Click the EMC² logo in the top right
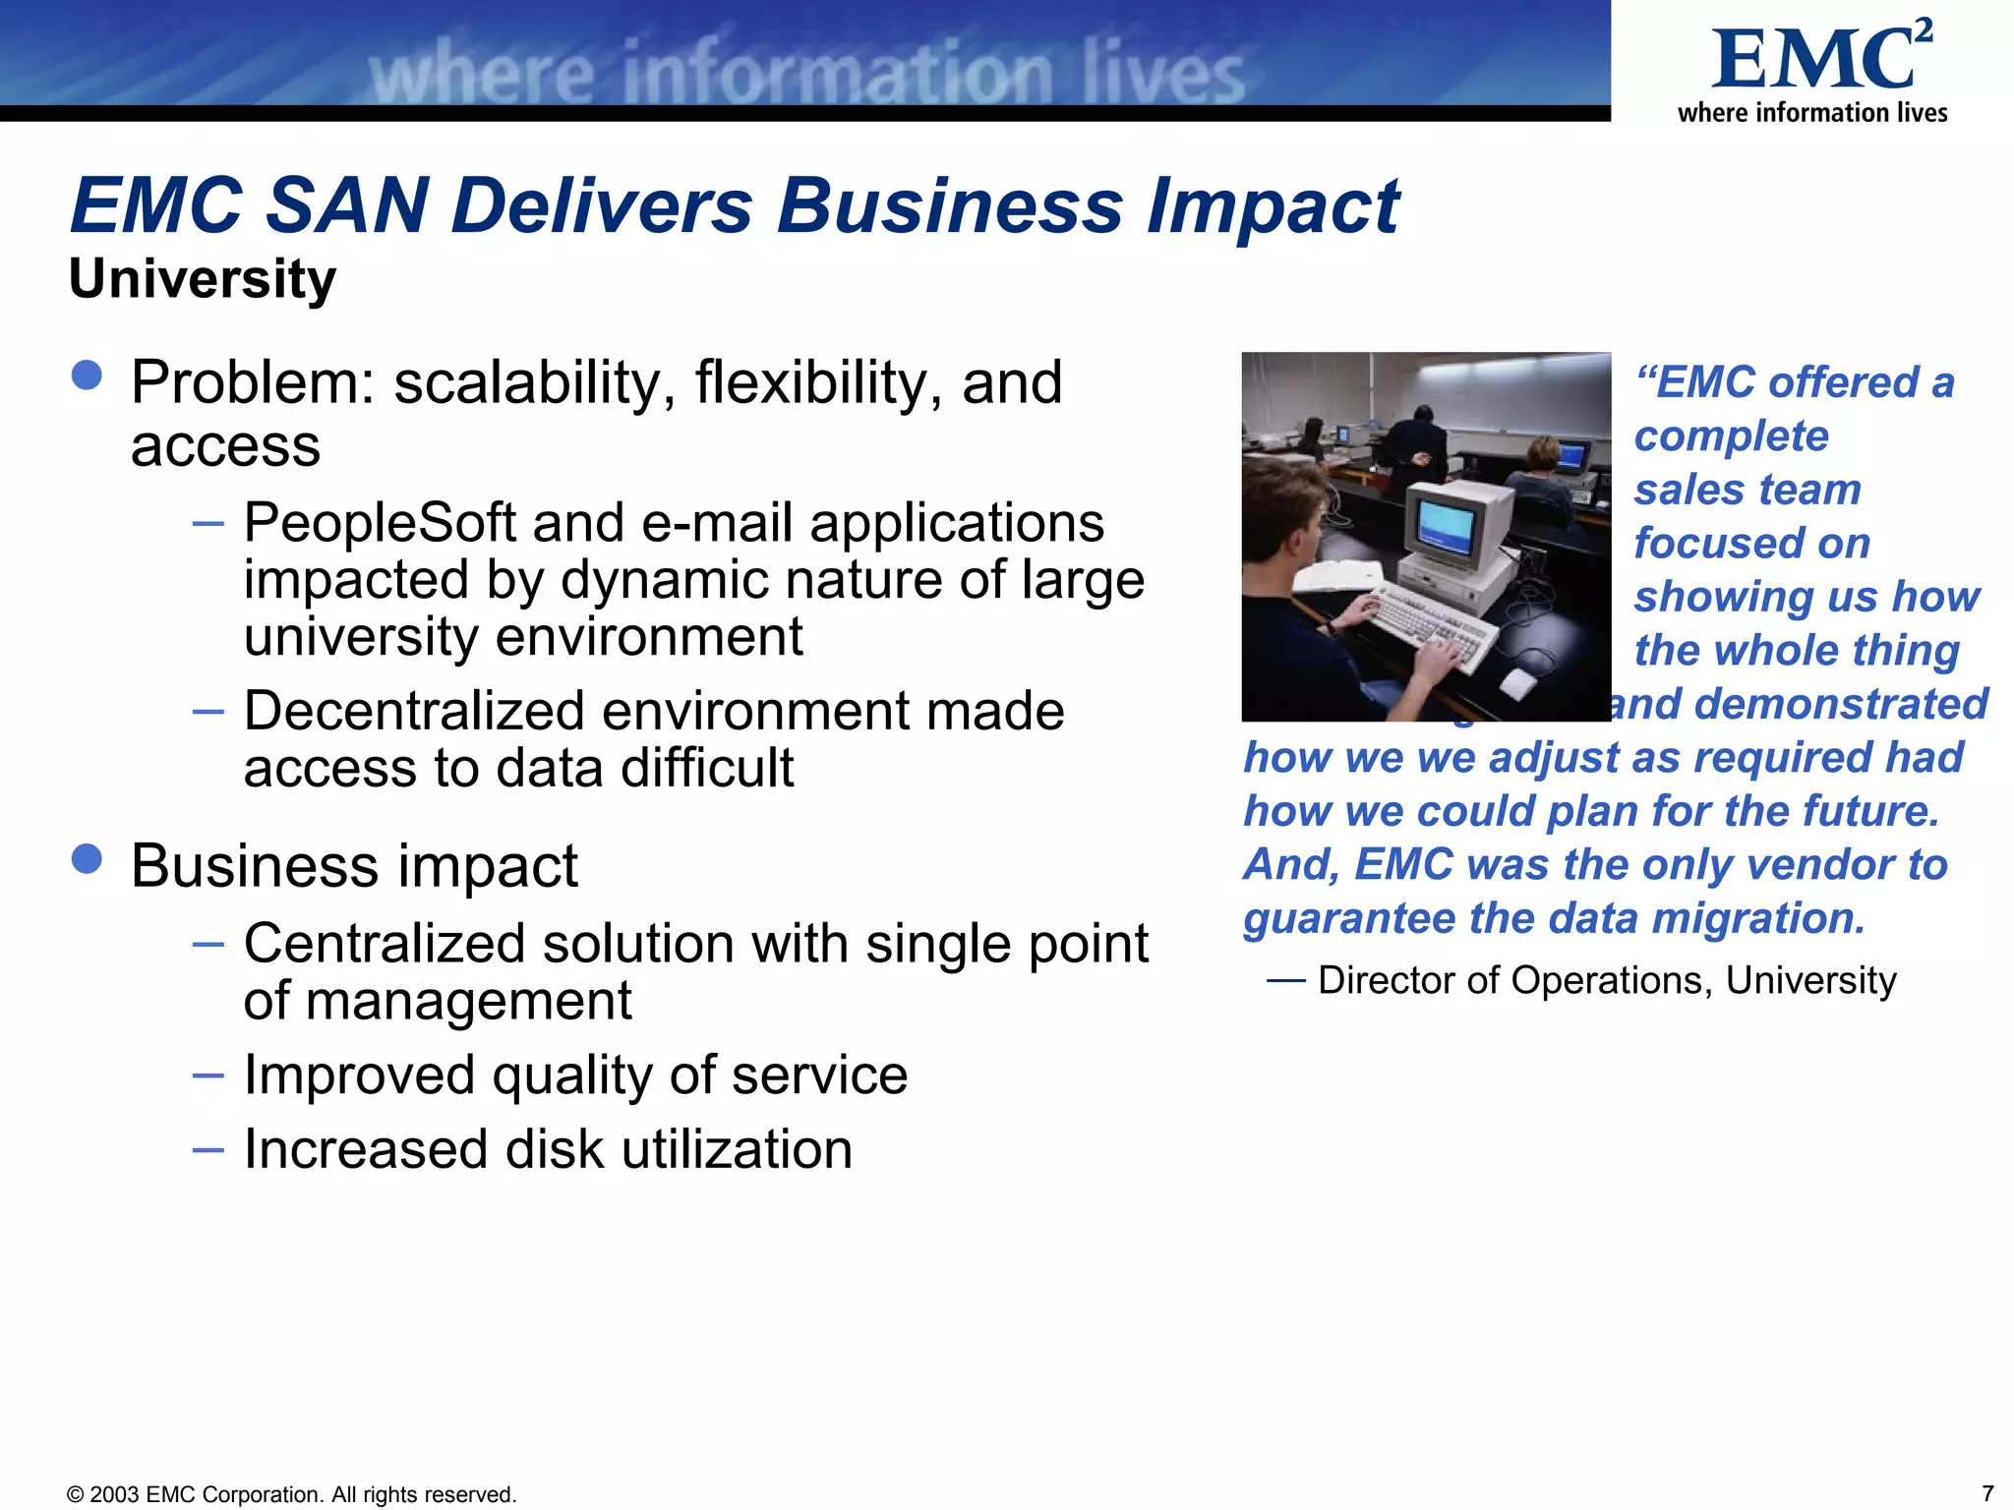(1819, 61)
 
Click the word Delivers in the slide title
(602, 206)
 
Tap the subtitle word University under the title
(203, 279)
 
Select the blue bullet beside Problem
(88, 376)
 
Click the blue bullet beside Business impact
(88, 858)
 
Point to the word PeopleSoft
(380, 522)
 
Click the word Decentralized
(413, 711)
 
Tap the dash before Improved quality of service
(208, 1075)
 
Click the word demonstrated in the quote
(1840, 704)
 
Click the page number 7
(1986, 1493)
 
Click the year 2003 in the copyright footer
(115, 1494)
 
